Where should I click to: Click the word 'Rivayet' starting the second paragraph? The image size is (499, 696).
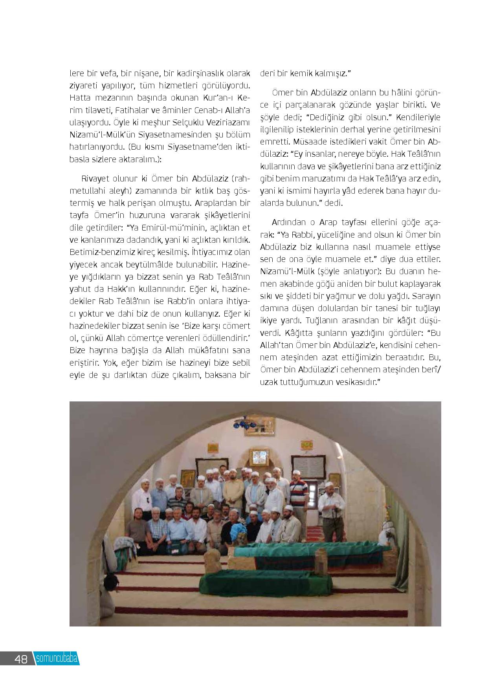pos(94,179)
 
